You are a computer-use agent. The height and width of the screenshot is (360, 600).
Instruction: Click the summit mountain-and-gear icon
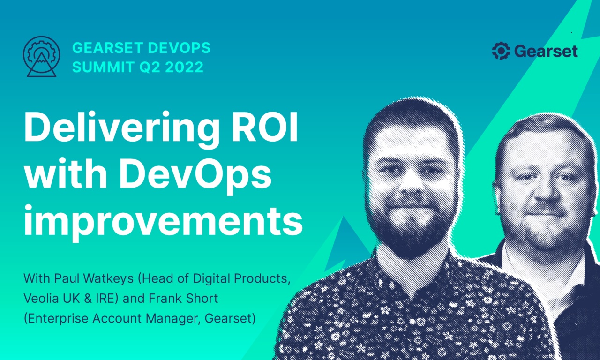click(41, 58)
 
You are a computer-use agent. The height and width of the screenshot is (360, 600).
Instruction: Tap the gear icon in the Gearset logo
click(501, 51)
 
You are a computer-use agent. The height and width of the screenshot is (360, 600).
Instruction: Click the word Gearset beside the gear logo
click(546, 51)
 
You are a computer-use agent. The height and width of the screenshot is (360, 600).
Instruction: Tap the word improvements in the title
click(163, 221)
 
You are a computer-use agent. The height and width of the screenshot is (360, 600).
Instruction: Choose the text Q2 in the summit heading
click(142, 67)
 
